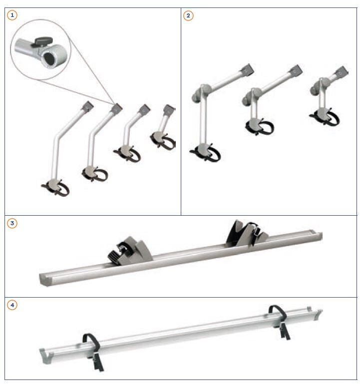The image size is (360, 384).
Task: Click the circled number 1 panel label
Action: point(12,15)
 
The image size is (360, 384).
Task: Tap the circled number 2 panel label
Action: point(188,15)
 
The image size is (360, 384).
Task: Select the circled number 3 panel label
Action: point(12,223)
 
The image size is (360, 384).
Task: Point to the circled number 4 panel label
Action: point(12,305)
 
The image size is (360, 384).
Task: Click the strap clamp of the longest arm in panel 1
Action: point(55,187)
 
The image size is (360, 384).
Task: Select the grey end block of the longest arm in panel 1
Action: point(87,106)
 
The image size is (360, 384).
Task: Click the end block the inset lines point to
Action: point(116,109)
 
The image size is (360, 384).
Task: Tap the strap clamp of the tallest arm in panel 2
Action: point(205,152)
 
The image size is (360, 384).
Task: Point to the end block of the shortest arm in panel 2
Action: point(342,72)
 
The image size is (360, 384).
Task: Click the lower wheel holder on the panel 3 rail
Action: point(130,251)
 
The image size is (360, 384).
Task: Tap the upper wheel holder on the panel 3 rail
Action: point(247,233)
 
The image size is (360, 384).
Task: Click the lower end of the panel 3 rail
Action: point(45,279)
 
